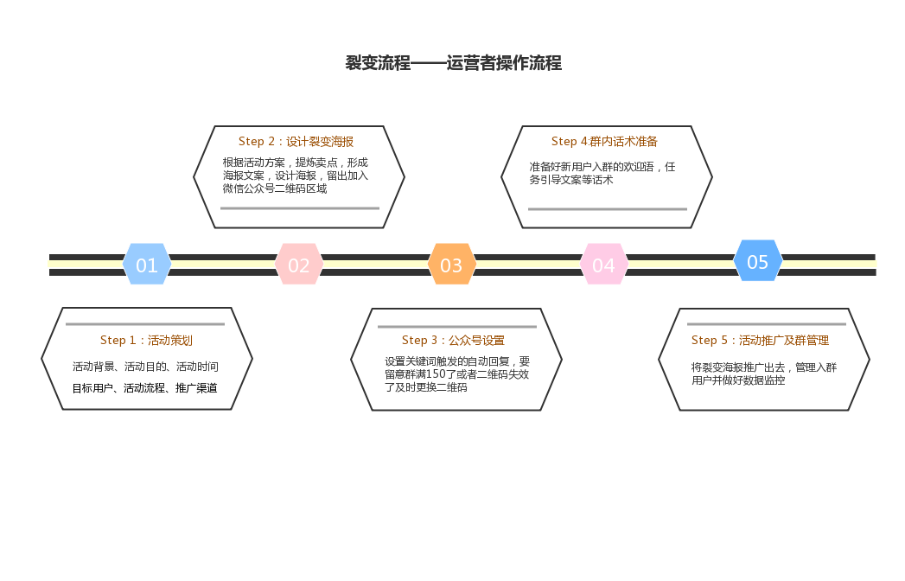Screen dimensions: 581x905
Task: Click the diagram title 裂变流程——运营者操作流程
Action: (x=453, y=63)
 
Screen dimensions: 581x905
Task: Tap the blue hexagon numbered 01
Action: (x=147, y=265)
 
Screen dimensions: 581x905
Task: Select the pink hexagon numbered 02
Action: (x=299, y=265)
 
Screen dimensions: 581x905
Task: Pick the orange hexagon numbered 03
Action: (x=451, y=265)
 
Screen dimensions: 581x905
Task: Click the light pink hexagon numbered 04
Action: (x=603, y=265)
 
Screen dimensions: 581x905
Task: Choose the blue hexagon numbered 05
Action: (x=757, y=261)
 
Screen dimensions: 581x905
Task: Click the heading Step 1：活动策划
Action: (x=146, y=340)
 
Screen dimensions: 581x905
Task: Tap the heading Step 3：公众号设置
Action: (x=453, y=340)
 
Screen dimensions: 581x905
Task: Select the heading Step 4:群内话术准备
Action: (x=604, y=141)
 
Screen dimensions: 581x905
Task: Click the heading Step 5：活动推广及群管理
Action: (x=760, y=340)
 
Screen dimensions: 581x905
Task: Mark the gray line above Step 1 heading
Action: (x=145, y=324)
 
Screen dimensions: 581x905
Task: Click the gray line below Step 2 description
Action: (x=299, y=208)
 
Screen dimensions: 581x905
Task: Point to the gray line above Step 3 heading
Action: (x=456, y=327)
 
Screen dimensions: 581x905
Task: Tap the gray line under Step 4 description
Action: (x=607, y=209)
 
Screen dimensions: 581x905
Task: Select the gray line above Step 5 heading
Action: (x=766, y=324)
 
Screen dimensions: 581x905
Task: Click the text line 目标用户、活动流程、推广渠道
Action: (x=144, y=388)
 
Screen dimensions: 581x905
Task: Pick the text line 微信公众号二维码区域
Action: (x=275, y=188)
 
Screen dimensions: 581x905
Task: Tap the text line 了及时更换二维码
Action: (x=425, y=387)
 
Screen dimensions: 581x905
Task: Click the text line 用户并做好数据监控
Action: (x=738, y=380)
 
